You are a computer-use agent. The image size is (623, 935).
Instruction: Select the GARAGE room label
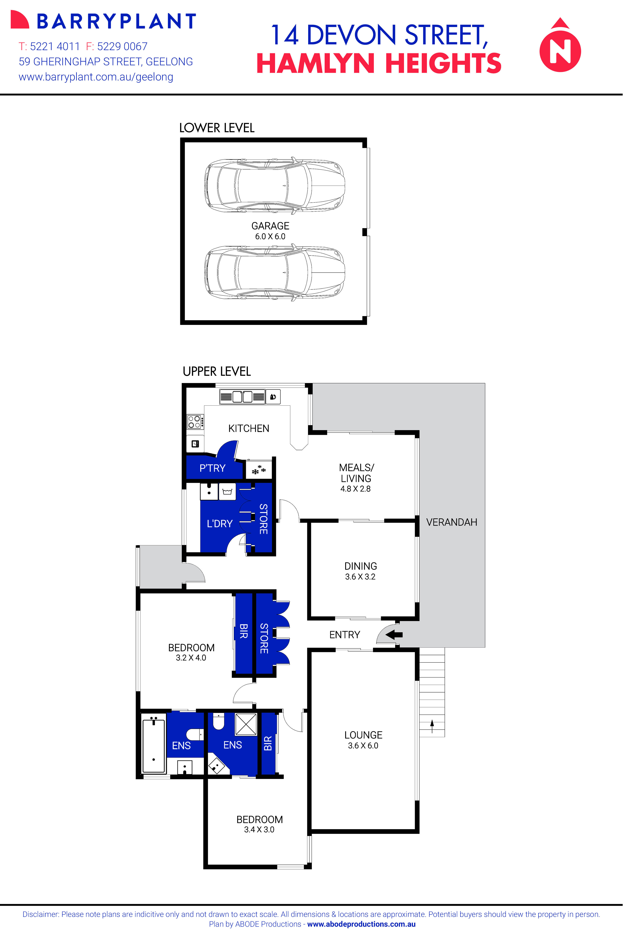click(270, 226)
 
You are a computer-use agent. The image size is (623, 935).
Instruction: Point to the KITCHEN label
click(249, 428)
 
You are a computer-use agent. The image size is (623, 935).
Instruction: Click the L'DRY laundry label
click(219, 524)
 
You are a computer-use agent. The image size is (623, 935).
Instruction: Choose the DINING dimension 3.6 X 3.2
click(360, 577)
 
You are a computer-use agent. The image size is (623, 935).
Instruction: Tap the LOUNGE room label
click(363, 735)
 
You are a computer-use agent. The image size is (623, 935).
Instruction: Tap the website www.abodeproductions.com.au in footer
click(361, 924)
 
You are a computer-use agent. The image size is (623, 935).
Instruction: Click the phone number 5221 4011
click(55, 46)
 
